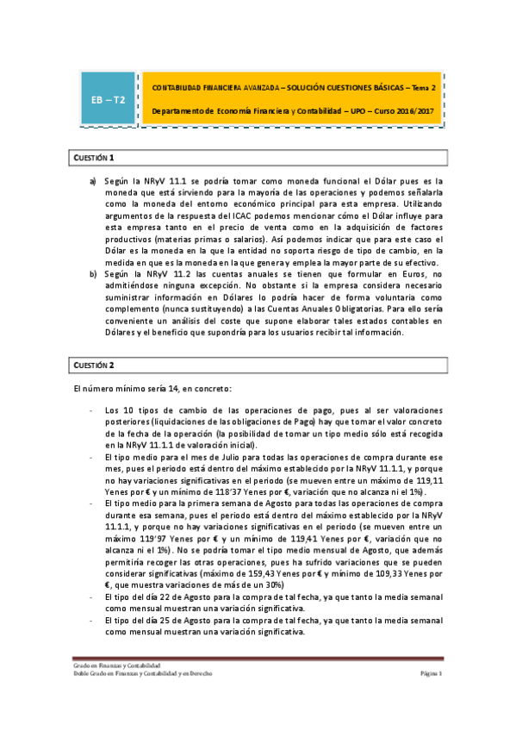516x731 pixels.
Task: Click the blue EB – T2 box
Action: [x=109, y=100]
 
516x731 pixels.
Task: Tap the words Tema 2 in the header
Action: [x=422, y=87]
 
